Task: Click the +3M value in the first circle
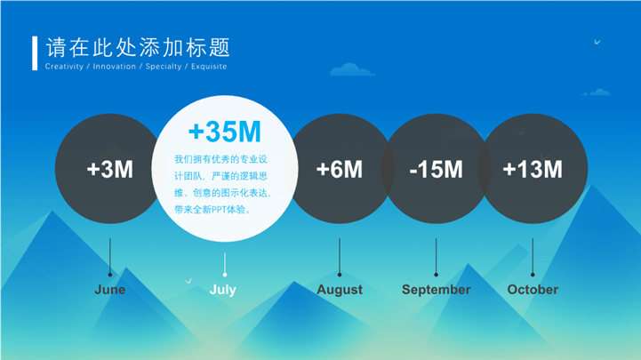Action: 110,169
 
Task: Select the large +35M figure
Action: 224,132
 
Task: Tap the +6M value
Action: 340,169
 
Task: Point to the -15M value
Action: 436,169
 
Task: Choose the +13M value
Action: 533,169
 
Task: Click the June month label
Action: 110,289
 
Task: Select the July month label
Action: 223,290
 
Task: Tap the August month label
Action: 340,290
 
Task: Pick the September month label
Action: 437,290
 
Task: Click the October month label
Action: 533,289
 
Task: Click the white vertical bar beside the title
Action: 35,53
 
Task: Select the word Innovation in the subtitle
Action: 114,66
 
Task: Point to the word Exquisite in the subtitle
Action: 209,66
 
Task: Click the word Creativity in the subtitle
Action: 64,66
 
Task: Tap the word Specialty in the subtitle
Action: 164,67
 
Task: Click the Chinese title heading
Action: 138,47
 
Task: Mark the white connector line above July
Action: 224,264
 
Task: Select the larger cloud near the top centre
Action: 351,69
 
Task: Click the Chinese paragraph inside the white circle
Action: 223,184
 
